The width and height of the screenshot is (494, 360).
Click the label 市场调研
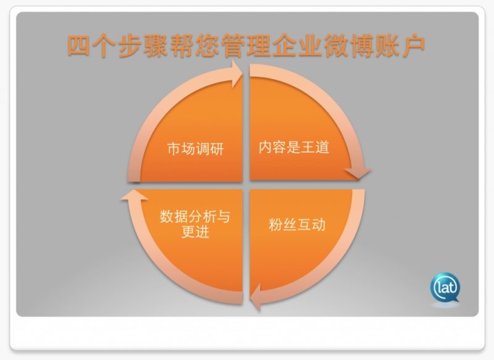195,149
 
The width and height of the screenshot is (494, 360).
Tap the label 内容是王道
294,147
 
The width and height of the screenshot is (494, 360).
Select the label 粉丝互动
297,225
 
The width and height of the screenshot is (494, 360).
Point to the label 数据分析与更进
195,224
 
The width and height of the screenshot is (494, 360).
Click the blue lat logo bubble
445,288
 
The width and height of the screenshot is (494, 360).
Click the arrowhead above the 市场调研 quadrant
237,74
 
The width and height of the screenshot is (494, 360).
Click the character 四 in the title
78,46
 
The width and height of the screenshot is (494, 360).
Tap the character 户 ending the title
414,46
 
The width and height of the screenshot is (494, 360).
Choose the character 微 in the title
337,46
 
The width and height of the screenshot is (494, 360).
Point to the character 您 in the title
207,46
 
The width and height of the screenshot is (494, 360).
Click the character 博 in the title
362,46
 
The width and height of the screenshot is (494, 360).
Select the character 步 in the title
130,46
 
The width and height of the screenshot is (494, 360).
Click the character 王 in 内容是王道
308,147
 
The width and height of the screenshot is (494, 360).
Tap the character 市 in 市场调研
174,149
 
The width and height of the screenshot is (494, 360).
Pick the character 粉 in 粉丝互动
275,225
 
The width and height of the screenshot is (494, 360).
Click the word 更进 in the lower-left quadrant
195,232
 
